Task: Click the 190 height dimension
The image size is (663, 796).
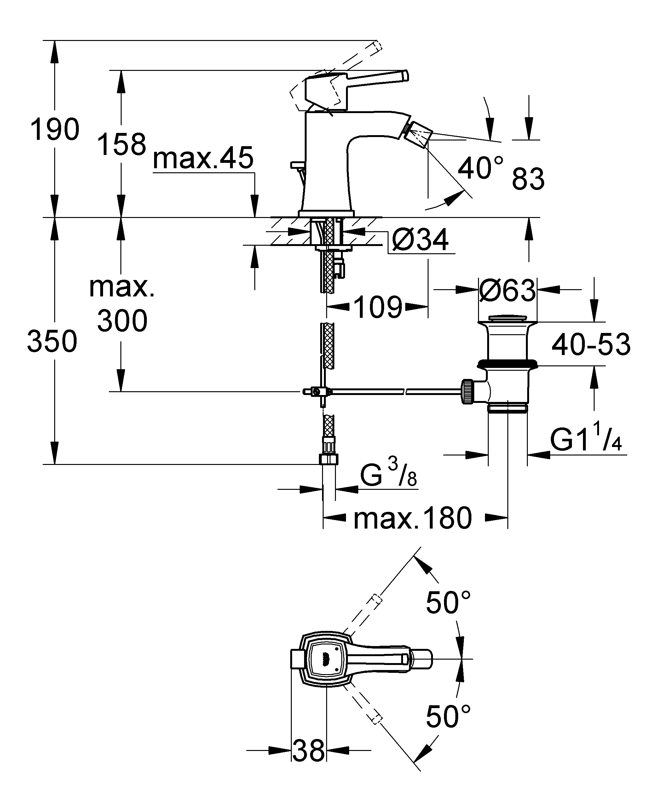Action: click(55, 130)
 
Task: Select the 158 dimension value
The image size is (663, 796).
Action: click(122, 144)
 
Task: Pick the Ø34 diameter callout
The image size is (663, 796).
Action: click(420, 240)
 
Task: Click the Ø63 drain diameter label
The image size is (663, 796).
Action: click(507, 290)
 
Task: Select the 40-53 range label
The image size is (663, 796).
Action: click(591, 345)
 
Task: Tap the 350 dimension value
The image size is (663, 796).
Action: click(52, 341)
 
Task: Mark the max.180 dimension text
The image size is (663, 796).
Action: click(413, 518)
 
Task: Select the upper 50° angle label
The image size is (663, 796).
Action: click(448, 603)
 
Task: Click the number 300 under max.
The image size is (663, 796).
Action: click(122, 321)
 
